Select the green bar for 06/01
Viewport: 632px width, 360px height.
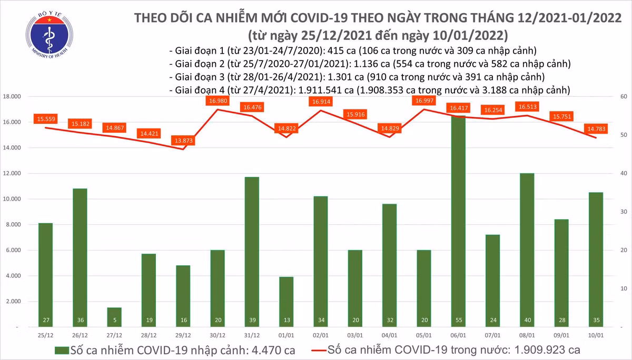point(458,221)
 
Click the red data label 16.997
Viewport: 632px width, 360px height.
point(424,101)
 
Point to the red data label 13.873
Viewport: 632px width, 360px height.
point(183,141)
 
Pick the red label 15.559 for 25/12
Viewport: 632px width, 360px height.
point(46,119)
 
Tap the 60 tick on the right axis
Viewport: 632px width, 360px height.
point(624,97)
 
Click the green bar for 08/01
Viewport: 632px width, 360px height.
point(527,250)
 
